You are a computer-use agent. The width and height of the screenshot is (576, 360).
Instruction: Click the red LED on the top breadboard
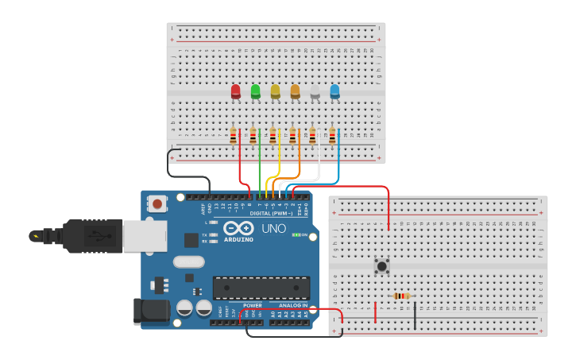[235, 92]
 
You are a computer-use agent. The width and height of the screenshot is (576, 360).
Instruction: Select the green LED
[255, 92]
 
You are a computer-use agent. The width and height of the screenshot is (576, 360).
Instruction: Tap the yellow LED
[275, 92]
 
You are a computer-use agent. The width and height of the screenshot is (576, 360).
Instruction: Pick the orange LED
[295, 92]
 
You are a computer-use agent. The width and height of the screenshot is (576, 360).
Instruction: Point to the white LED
[315, 93]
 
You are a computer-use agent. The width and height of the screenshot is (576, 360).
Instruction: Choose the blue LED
[334, 92]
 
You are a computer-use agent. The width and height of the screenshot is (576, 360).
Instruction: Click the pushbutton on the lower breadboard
[382, 265]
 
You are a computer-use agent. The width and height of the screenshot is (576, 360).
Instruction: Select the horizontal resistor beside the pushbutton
[403, 296]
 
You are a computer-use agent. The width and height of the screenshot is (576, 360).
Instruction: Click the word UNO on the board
[274, 229]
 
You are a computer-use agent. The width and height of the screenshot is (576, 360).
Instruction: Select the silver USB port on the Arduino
[145, 236]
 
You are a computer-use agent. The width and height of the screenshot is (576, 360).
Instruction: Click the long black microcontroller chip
[261, 288]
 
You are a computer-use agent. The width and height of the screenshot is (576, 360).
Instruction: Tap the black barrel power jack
[153, 311]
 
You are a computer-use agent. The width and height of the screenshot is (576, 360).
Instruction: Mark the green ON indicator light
[295, 234]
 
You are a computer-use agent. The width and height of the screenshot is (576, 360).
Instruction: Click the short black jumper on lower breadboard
[414, 315]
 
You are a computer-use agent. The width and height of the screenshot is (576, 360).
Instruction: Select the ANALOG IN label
[293, 305]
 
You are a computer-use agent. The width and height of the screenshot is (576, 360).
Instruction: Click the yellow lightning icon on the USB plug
[36, 235]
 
